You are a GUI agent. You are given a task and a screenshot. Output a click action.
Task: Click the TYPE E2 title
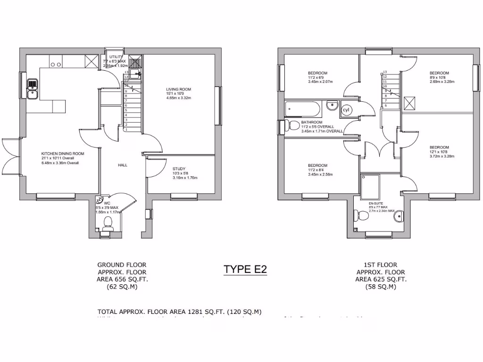(x=245, y=269)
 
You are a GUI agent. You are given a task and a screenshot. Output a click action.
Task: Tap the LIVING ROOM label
(x=178, y=89)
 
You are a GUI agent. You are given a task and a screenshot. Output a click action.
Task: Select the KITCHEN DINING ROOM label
(x=62, y=154)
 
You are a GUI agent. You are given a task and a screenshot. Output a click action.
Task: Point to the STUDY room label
(x=179, y=169)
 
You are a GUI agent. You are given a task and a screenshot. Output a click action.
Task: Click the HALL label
(x=123, y=165)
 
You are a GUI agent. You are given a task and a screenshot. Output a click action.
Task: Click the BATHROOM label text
(x=311, y=122)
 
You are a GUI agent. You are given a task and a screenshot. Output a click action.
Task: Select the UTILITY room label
(x=116, y=57)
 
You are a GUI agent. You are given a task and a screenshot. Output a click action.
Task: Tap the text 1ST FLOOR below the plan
(x=382, y=265)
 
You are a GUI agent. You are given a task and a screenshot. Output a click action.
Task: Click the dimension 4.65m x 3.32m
(x=179, y=98)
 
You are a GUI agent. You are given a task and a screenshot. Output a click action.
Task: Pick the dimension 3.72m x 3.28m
(x=439, y=156)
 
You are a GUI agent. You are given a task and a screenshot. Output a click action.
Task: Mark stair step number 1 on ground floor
(x=126, y=129)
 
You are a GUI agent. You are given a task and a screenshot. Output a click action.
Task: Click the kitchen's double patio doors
(x=10, y=156)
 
